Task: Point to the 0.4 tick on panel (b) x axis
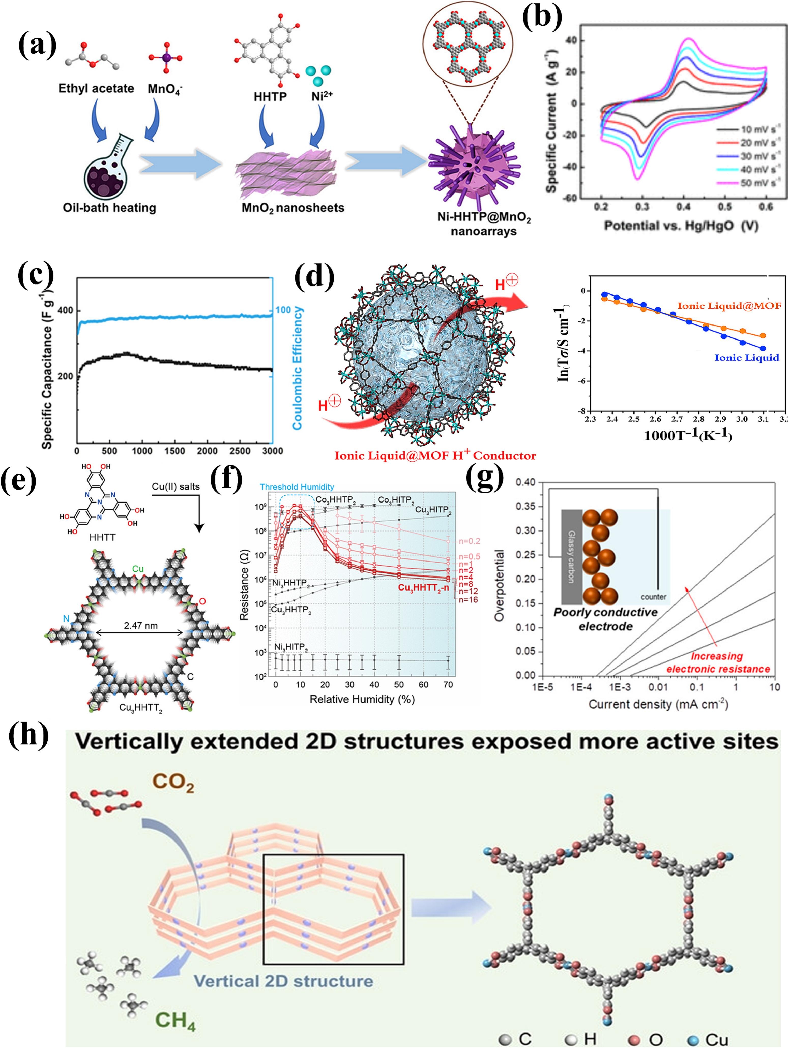coord(683,207)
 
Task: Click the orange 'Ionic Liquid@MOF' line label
coord(729,306)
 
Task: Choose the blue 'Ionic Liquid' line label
coord(746,358)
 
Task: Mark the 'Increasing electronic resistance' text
coord(718,662)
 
